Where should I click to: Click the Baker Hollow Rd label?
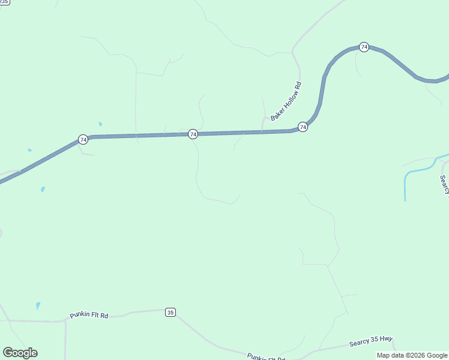(286, 101)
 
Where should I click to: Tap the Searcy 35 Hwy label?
(370, 342)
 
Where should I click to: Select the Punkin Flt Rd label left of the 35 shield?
(89, 315)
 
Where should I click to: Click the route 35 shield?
(170, 312)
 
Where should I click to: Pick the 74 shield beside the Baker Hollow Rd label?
(303, 127)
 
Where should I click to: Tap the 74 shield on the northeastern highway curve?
(364, 47)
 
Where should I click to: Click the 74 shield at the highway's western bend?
(83, 140)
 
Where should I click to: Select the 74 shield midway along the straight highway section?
(193, 134)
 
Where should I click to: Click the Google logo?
(20, 353)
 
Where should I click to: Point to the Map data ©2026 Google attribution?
(412, 355)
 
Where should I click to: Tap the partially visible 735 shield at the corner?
(4, 2)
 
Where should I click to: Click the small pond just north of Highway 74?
(100, 124)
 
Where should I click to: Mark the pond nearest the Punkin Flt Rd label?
(38, 305)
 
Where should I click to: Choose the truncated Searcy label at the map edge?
(445, 185)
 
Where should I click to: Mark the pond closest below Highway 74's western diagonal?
(43, 190)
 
